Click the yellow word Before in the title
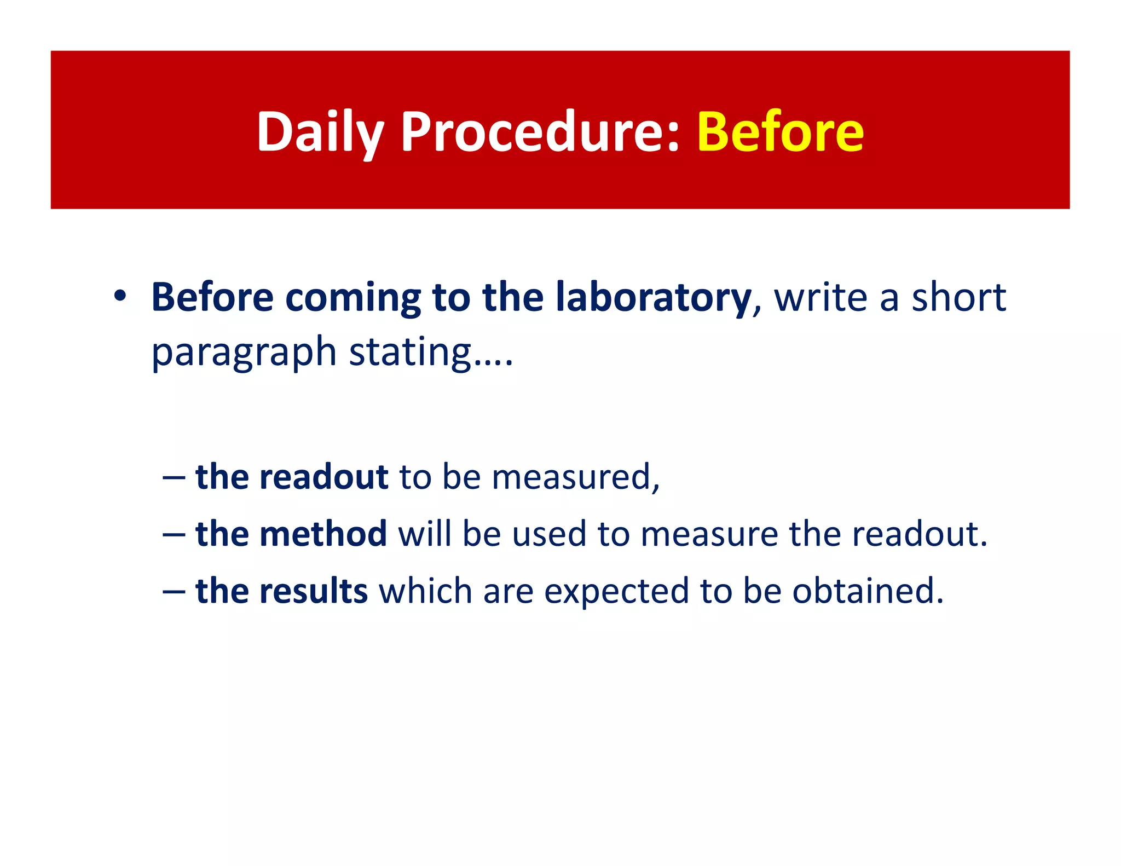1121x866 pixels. pos(780,132)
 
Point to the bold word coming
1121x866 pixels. pos(353,298)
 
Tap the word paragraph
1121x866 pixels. pos(244,353)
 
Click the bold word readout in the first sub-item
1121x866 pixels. pos(323,477)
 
